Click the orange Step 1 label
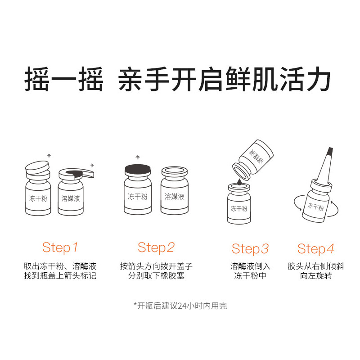(60, 248)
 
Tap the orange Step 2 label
(156, 248)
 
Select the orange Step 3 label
(250, 249)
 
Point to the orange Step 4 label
(316, 249)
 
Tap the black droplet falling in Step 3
(239, 182)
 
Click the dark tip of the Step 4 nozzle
(330, 151)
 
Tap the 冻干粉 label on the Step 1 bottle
(38, 198)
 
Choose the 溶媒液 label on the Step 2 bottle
(175, 197)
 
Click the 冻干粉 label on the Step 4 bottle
(315, 207)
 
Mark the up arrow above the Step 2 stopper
(138, 157)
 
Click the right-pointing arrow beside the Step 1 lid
(92, 165)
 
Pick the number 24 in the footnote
(182, 306)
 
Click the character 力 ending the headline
(318, 79)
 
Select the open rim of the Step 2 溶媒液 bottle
(175, 171)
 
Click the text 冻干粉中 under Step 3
(250, 275)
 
